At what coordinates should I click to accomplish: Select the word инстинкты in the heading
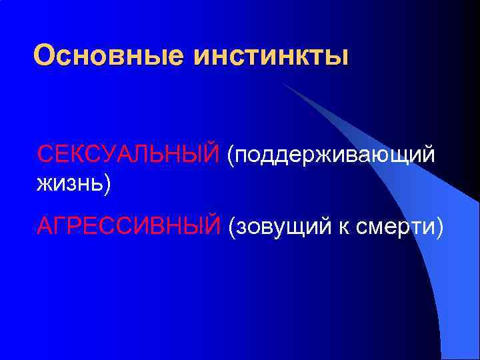click(271, 55)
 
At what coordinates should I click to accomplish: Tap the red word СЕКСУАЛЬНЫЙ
click(128, 155)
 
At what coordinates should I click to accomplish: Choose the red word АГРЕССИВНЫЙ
click(128, 226)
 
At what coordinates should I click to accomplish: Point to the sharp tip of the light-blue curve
click(283, 83)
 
